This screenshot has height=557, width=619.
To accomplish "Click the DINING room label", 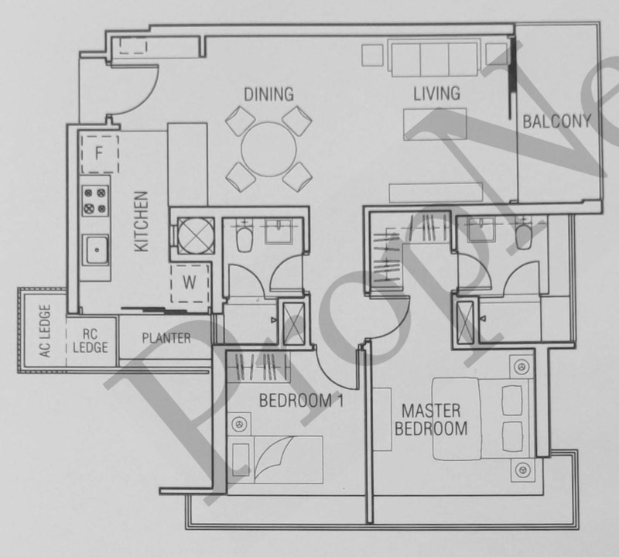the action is point(268,94).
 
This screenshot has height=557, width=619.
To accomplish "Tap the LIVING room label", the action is point(436,93).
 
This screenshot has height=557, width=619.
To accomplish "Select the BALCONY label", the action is point(557,121).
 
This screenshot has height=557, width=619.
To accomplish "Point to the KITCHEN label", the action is point(141,221).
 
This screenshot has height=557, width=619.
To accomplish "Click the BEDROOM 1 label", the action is point(301,401).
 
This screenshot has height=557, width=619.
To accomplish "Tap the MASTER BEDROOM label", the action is point(431,419).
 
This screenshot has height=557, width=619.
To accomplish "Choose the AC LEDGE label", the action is point(46,331).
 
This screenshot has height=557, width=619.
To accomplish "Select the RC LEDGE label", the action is point(91,340).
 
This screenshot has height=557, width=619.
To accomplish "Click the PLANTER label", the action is point(166,338).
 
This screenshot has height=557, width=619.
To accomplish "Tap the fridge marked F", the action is point(100,153).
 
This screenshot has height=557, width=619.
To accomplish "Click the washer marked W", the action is point(190,283).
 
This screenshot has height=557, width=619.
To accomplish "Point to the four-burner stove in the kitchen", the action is point(95,200).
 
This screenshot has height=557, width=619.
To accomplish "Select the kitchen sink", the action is point(95,250).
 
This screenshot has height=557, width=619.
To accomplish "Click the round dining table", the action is point(268,149).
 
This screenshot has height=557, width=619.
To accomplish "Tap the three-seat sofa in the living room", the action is point(435,58).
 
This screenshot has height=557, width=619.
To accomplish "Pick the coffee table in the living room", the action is point(435,124).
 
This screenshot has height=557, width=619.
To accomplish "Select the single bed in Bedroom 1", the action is point(275,460).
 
